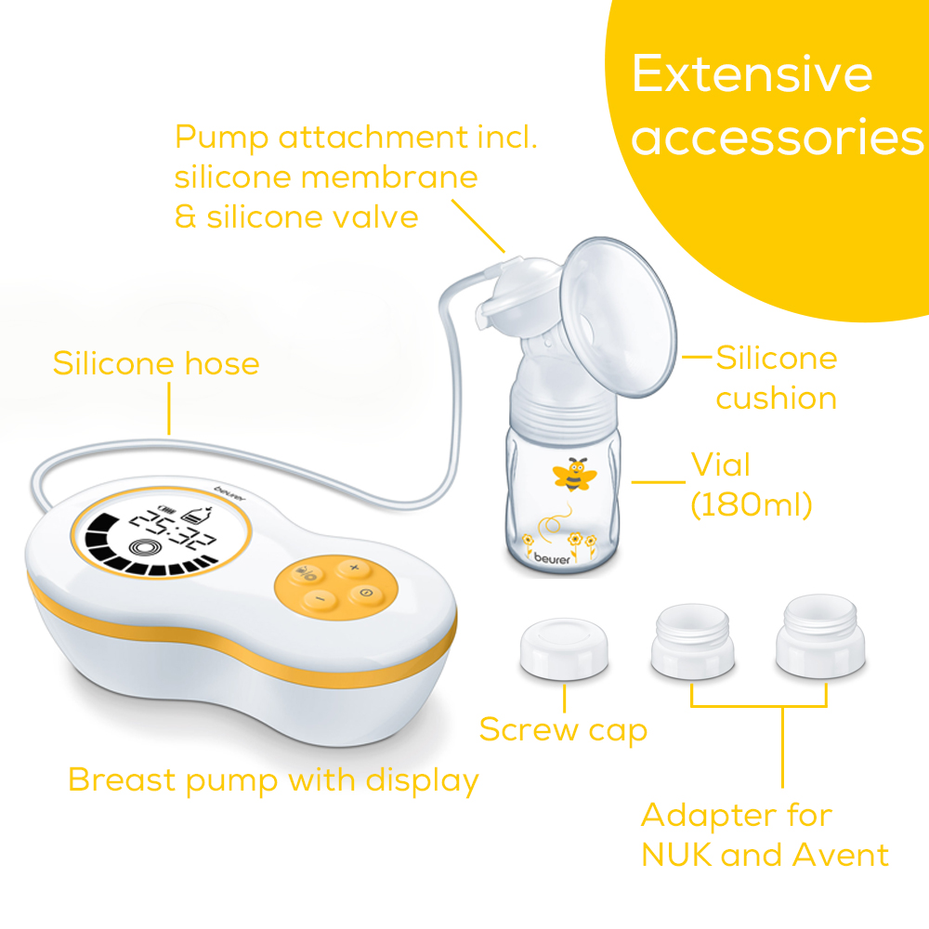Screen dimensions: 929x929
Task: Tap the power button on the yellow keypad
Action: [x=365, y=593]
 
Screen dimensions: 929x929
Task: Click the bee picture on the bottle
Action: [x=574, y=474]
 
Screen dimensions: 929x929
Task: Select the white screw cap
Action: [x=564, y=648]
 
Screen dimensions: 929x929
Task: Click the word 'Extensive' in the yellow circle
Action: [x=752, y=73]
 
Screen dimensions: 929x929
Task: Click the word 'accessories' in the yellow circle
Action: [x=777, y=137]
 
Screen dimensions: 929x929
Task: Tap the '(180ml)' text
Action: [x=752, y=504]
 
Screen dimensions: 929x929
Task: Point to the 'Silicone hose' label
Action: [x=156, y=363]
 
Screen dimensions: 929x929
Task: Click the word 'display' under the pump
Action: [x=423, y=781]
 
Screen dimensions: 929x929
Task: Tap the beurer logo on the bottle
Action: [x=552, y=558]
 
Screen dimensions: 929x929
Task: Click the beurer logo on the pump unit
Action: [x=229, y=493]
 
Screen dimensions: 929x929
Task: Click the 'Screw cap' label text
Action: [x=563, y=730]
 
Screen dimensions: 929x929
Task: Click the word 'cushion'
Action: [x=776, y=399]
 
